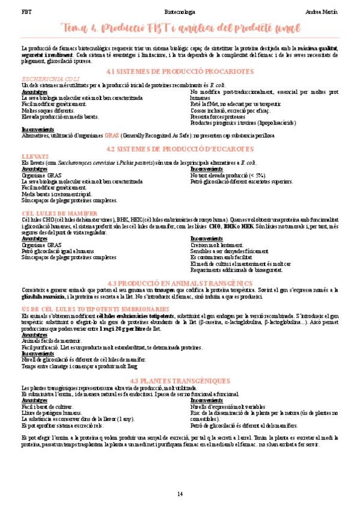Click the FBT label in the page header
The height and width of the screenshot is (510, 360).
[26, 11]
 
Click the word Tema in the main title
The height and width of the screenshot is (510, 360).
[77, 28]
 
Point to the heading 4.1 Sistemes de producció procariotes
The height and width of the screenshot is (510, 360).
[180, 72]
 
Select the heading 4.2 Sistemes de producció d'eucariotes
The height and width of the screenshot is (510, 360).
[180, 149]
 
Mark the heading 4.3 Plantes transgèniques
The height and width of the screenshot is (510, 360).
[180, 381]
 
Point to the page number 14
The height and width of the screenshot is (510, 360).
[180, 494]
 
